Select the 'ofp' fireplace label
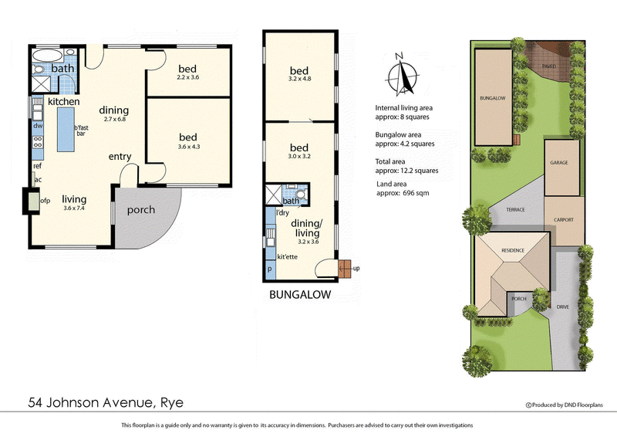click(46, 202)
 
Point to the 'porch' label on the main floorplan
click(140, 209)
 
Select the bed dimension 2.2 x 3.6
click(188, 76)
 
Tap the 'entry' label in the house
click(120, 157)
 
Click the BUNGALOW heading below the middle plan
click(299, 295)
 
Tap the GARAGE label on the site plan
click(559, 164)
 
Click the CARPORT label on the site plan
click(564, 219)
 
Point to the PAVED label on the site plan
click(549, 67)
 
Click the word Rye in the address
click(172, 402)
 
